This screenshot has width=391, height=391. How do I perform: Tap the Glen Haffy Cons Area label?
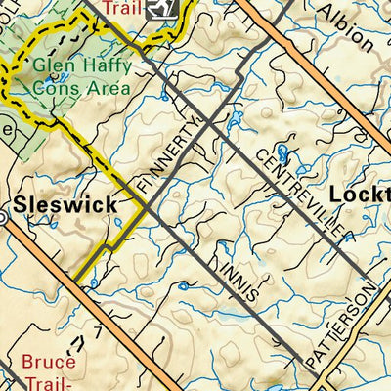tap(81, 78)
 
